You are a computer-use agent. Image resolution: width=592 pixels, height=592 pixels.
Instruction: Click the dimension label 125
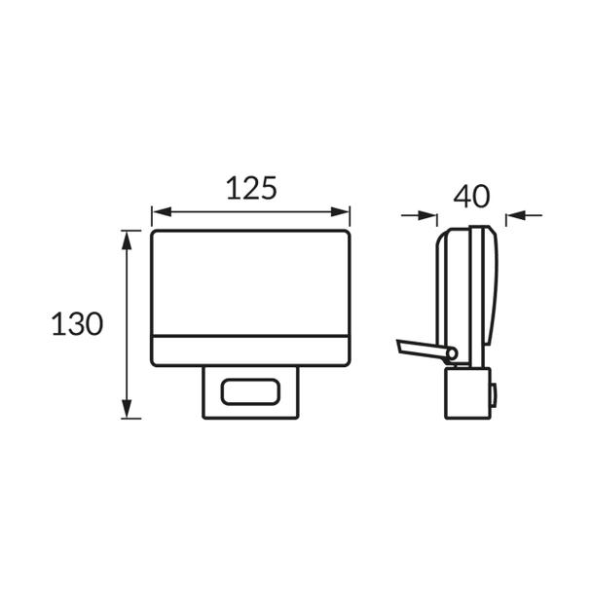click(251, 188)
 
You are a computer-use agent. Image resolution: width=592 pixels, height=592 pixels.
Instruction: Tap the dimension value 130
click(77, 323)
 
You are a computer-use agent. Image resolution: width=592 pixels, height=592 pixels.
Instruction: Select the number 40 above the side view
click(471, 197)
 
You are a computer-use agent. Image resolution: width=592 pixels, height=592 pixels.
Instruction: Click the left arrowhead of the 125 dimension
click(162, 212)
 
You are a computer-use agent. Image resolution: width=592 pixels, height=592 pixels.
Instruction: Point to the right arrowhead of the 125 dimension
click(340, 212)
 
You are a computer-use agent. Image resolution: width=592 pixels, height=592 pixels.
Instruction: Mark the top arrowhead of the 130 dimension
click(127, 240)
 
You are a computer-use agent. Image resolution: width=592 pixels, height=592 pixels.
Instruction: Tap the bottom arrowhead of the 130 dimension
click(127, 409)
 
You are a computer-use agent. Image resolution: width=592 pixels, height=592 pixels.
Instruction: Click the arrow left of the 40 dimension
click(419, 216)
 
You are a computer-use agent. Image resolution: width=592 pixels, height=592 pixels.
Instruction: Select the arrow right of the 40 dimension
click(525, 215)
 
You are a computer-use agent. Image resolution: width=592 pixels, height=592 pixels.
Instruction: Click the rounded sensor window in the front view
click(250, 392)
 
